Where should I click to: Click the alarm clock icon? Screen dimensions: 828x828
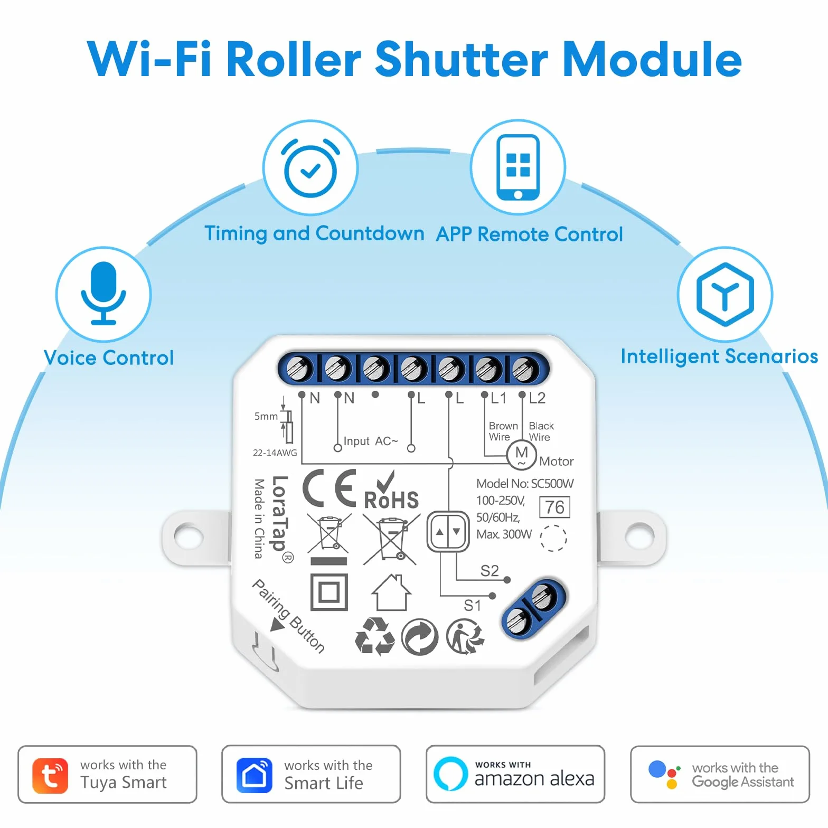pos(310,168)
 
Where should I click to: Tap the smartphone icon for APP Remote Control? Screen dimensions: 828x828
pos(518,167)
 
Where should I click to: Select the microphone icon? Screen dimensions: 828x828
pos(103,293)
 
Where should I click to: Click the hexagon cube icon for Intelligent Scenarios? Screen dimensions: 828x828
pos(725,294)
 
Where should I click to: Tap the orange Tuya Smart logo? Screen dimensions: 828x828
pos(50,776)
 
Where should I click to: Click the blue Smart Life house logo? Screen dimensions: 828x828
pos(255,775)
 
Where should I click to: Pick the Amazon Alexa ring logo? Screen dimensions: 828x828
pos(450,774)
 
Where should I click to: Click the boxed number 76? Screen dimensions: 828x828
pos(554,507)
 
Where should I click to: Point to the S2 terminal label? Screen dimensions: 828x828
pos(490,571)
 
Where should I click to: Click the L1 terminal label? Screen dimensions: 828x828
pos(498,398)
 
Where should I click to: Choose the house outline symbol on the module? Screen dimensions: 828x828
pos(391,592)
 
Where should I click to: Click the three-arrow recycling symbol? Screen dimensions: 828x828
pos(375,637)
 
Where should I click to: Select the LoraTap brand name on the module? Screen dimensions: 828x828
pos(280,513)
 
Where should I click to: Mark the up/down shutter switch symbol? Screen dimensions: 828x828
pos(448,532)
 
